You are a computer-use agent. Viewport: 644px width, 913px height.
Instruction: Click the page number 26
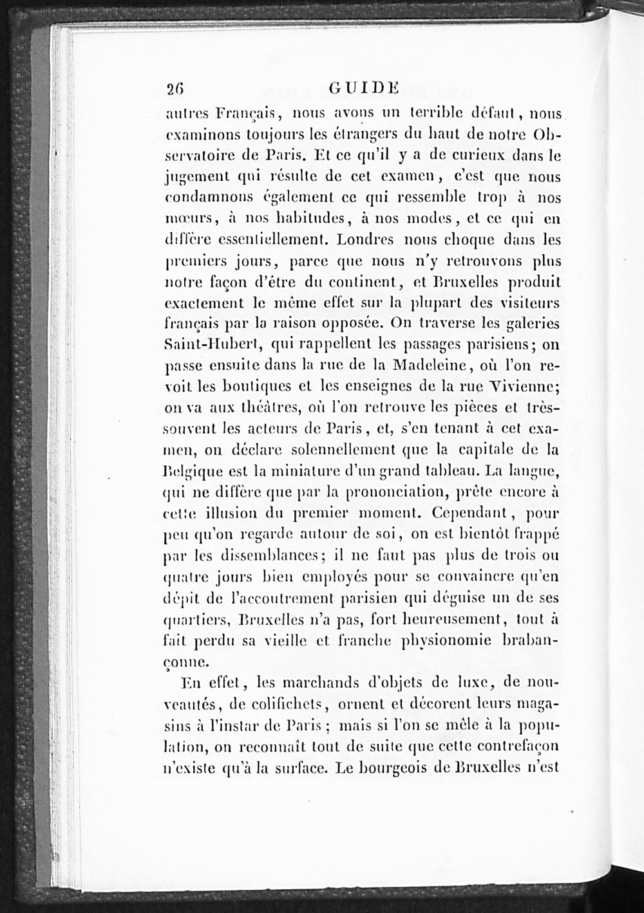[175, 89]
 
